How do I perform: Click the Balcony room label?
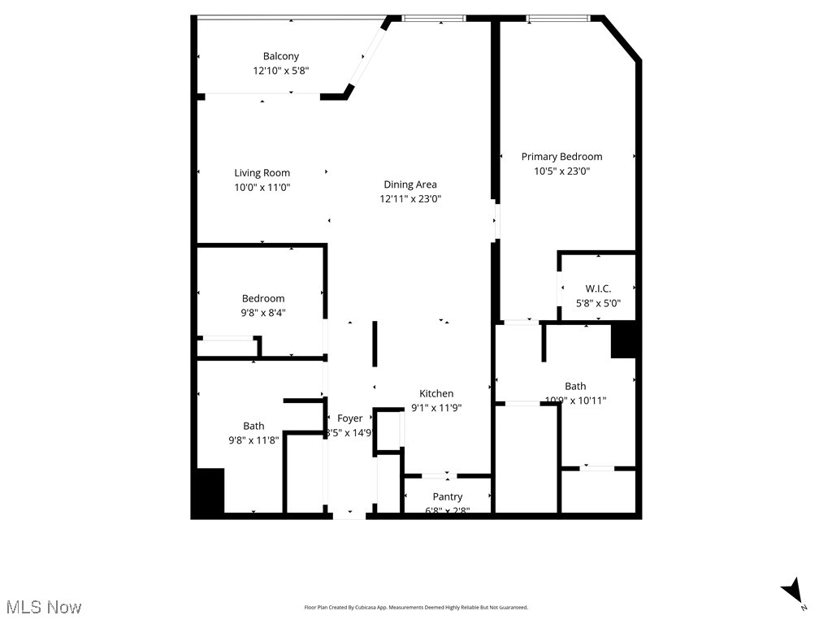(x=280, y=56)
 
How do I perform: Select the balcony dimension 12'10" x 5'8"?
(x=280, y=71)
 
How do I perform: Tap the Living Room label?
(x=262, y=172)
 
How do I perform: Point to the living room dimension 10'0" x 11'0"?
(x=262, y=187)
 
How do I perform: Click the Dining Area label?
(x=410, y=184)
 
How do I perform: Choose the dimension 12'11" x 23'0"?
(x=410, y=199)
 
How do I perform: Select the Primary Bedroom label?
(x=561, y=157)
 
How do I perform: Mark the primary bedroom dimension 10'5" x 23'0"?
(x=561, y=171)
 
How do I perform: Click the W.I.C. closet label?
(x=598, y=288)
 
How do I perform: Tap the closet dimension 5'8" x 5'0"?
(x=598, y=303)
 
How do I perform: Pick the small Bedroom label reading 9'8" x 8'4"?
(x=263, y=312)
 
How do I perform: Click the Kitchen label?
(x=436, y=393)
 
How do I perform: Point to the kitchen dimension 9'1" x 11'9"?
(x=436, y=408)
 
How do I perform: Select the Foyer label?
(x=350, y=418)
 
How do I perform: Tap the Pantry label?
(x=448, y=496)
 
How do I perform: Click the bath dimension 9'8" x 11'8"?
(x=253, y=440)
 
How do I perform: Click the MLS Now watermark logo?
(x=44, y=607)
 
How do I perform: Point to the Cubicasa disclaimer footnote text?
(x=416, y=607)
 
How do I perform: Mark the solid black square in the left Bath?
(x=208, y=492)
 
